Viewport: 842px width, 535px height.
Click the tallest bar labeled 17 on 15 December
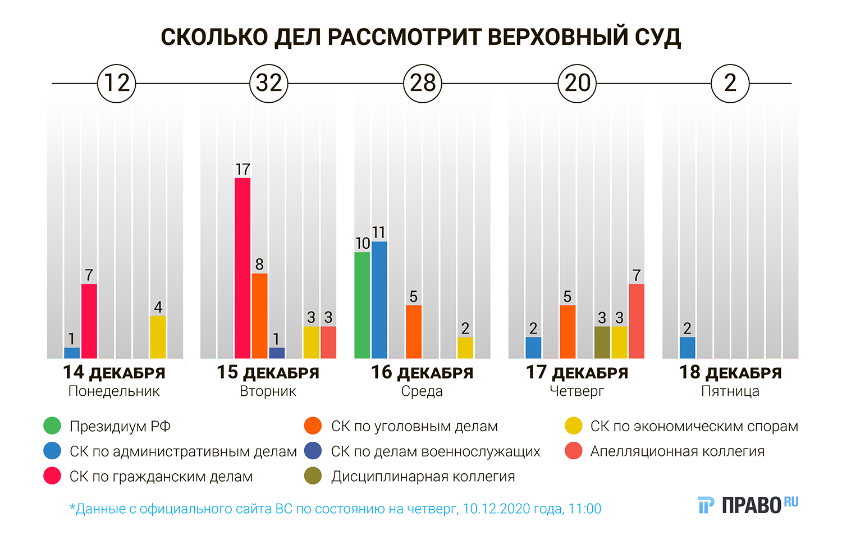[x=242, y=268]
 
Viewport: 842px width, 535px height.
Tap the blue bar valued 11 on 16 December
[x=379, y=300]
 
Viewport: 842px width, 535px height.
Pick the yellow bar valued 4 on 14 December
[x=158, y=337]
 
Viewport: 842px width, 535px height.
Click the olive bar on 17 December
[x=602, y=342]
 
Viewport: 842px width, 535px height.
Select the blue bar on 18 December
[x=687, y=347]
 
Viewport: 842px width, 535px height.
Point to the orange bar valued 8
[x=259, y=315]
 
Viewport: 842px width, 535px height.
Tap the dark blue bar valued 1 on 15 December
[x=277, y=353]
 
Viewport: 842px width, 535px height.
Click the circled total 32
[x=269, y=84]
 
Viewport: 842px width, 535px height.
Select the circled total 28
[x=423, y=84]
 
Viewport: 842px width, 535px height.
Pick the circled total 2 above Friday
[x=730, y=84]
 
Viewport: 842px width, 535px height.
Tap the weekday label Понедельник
[x=114, y=391]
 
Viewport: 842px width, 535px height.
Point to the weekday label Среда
[x=422, y=391]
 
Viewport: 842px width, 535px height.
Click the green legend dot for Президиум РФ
[x=52, y=426]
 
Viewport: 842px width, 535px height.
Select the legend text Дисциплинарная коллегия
[x=423, y=477]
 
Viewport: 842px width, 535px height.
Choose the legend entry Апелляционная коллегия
[x=677, y=451]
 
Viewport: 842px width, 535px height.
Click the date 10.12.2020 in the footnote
[x=496, y=509]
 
